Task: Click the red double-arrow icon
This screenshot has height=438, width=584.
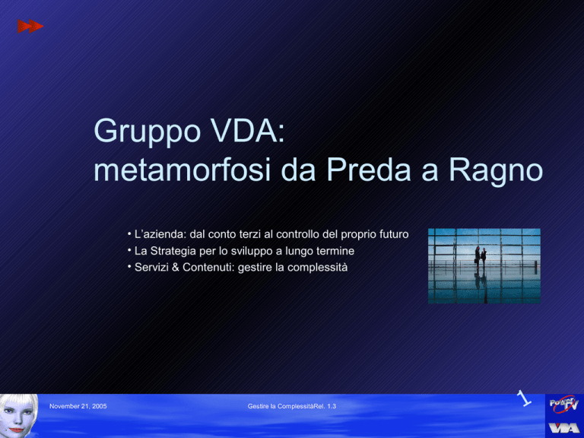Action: click(30, 27)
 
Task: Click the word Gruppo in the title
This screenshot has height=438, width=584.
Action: click(148, 132)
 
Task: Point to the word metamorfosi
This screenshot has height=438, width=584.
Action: click(182, 170)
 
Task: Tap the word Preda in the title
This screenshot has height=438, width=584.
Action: click(368, 170)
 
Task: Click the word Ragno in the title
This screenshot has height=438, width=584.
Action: click(496, 171)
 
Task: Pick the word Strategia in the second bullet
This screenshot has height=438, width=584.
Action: click(173, 251)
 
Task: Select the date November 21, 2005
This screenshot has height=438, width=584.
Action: click(78, 406)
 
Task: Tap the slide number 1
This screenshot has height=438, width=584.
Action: click(524, 398)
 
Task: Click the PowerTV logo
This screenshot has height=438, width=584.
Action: click(564, 404)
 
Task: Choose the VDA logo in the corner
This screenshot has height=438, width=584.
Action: click(564, 427)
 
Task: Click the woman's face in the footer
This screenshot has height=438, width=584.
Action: click(18, 416)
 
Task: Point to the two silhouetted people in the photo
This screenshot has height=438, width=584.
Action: click(481, 257)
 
